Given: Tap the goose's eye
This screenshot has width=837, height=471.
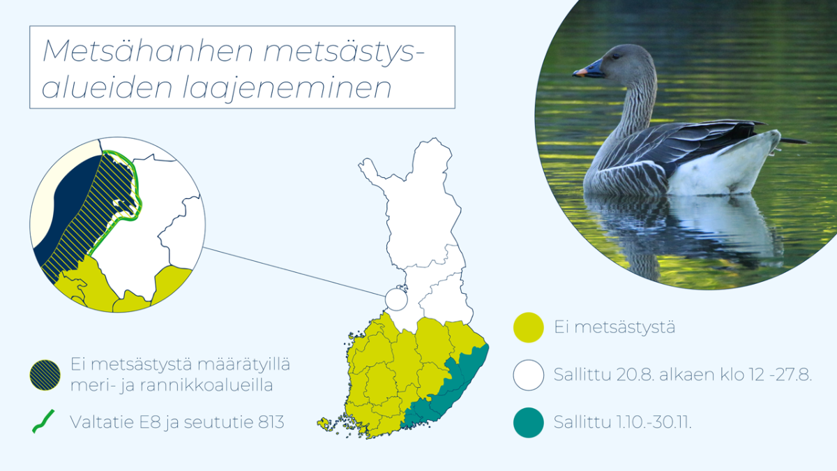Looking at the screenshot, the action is point(615,57).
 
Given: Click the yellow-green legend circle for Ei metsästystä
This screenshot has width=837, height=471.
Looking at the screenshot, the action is point(529,327).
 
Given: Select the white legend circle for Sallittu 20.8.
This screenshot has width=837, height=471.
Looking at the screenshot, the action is point(529,375).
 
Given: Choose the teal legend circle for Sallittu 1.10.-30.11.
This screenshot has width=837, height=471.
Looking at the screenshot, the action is point(529,422).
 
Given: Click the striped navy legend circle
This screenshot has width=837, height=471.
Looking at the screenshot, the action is point(45,375).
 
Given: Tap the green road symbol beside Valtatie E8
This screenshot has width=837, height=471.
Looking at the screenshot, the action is point(43,421).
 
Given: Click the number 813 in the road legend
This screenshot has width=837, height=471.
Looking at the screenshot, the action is point(271,422).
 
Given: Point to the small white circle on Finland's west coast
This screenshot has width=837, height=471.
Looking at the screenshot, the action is point(396,299).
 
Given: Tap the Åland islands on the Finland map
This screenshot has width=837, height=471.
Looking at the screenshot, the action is point(324,424).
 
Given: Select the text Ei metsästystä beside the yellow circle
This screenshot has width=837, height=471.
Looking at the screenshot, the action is point(614,327).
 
